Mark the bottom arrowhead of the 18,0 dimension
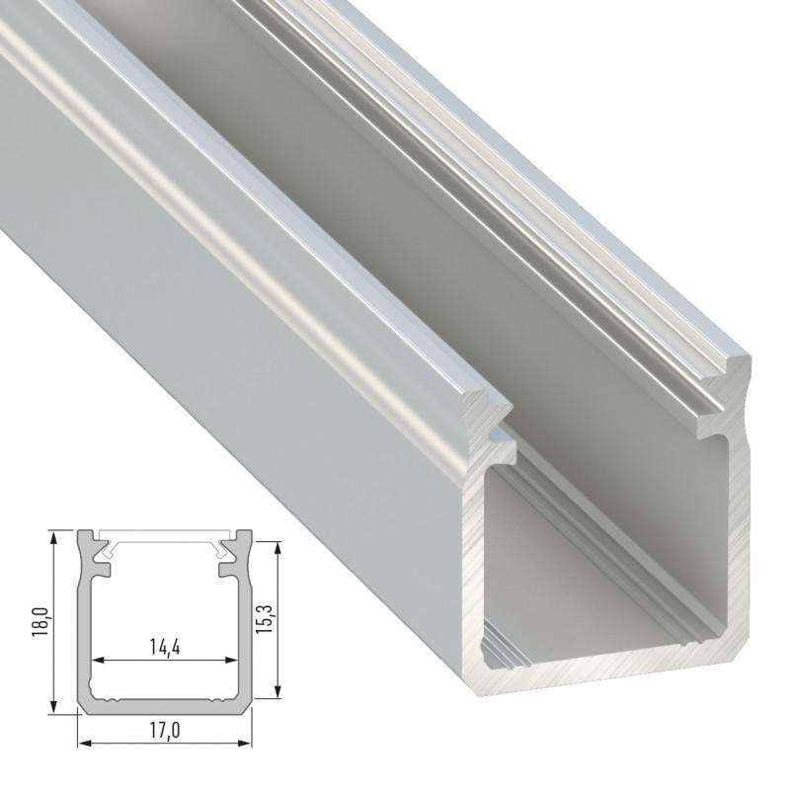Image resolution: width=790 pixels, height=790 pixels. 51,708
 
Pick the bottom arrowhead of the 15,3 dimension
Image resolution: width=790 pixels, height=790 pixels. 281,694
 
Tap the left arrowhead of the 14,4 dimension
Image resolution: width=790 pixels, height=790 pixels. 97,661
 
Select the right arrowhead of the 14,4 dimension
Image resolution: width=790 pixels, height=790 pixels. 237,661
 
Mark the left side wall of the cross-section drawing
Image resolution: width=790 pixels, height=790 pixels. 85,632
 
